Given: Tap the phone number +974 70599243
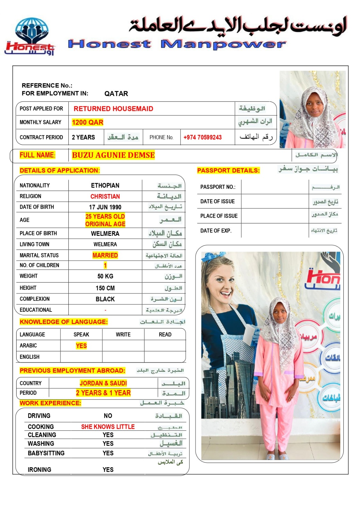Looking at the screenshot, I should point(202,137).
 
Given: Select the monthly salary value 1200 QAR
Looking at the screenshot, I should point(88,122).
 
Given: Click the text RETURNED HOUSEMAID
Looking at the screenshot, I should point(113,109).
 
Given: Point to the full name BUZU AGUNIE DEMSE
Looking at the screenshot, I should point(113,155).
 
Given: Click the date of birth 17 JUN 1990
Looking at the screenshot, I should point(105,207).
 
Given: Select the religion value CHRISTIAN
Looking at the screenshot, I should point(105,197).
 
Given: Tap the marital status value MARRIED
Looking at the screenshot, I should point(105,255).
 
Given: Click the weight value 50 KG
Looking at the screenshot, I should point(105,276).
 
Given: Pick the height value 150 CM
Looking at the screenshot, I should point(105,288).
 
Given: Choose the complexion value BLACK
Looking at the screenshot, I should point(105,299).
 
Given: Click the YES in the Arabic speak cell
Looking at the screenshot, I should point(81,346).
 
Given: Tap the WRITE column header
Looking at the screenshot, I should point(123,335).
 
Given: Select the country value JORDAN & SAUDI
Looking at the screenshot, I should point(103,383).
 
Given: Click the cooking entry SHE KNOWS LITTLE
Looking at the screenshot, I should point(108,427).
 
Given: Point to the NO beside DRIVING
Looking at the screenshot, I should point(108,416).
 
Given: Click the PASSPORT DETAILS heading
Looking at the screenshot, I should point(228,171).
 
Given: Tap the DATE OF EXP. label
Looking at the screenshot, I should point(216,231).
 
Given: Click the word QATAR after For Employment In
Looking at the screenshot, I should point(116,94).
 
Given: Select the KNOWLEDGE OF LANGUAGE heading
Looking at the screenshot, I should point(64,322).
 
